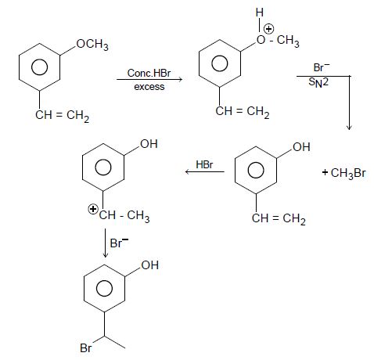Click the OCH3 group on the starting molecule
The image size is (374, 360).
click(x=92, y=45)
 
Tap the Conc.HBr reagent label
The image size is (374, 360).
click(x=149, y=73)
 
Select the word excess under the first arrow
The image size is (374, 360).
click(x=149, y=87)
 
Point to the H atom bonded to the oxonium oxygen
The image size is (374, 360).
click(x=260, y=13)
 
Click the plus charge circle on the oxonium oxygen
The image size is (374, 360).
click(x=269, y=29)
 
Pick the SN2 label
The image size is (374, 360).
click(x=318, y=83)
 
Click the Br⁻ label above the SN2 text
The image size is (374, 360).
click(x=322, y=67)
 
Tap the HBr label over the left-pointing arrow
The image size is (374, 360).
click(x=204, y=164)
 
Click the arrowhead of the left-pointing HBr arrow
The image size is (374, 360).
click(x=187, y=171)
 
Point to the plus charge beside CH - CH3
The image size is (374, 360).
click(x=92, y=209)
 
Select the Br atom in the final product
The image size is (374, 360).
click(x=85, y=348)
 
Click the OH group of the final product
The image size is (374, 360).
click(x=149, y=265)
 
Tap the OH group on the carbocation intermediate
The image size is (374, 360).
click(x=149, y=144)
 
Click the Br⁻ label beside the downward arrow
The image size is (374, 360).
click(x=119, y=243)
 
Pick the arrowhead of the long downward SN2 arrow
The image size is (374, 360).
click(x=349, y=128)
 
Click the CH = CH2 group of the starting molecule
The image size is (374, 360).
click(x=63, y=115)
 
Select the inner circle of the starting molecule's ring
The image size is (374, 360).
click(x=39, y=67)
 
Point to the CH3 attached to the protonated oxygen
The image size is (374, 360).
click(x=288, y=41)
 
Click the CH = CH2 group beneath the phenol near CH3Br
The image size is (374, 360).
click(x=279, y=218)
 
